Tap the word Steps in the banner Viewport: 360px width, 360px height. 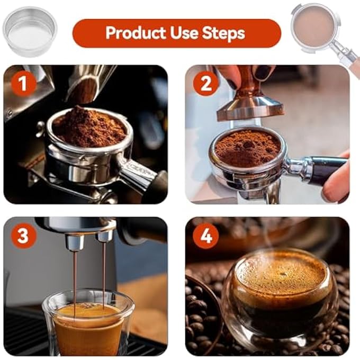[223, 33]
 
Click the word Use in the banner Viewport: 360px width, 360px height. [184, 33]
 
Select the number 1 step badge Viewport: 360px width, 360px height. [23, 84]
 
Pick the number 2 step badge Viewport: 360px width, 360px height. [205, 84]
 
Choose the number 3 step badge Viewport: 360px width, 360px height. [23, 236]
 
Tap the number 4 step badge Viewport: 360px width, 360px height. [205, 236]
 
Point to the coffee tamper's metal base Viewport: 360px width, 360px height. [251, 108]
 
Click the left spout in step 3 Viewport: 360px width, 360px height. [75, 242]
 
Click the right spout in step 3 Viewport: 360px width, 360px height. [104, 238]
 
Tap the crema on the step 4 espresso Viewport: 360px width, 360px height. [281, 273]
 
